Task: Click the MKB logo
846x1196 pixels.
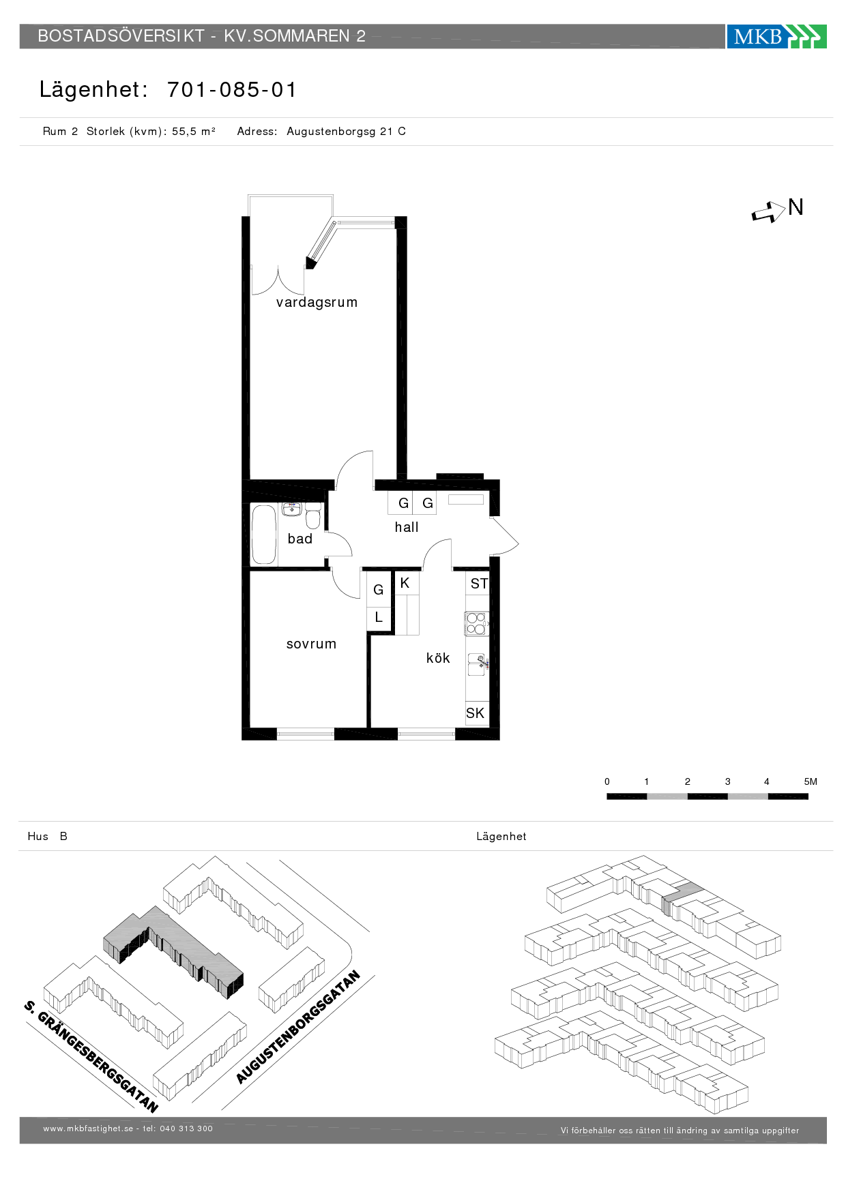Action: (776, 36)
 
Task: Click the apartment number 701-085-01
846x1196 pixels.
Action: (232, 89)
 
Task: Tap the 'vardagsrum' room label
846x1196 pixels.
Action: (317, 302)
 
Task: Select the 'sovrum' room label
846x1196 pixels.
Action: (311, 644)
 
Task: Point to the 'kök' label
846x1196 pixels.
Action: (438, 658)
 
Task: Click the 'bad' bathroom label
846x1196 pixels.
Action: (300, 539)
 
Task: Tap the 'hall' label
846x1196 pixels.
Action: (407, 527)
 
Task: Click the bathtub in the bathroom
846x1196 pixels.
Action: (264, 535)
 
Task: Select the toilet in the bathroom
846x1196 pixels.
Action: (313, 516)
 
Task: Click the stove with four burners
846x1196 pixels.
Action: (476, 623)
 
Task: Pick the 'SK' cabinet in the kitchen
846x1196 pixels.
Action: (476, 713)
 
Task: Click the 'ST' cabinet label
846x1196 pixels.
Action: (479, 584)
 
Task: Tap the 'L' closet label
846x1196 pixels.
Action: (379, 618)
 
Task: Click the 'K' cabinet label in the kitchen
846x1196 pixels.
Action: (405, 583)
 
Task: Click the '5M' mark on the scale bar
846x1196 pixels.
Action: (811, 781)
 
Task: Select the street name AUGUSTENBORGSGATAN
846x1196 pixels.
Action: (298, 1027)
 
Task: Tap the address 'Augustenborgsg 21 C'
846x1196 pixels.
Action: (346, 132)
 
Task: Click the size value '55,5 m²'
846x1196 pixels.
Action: (194, 132)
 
